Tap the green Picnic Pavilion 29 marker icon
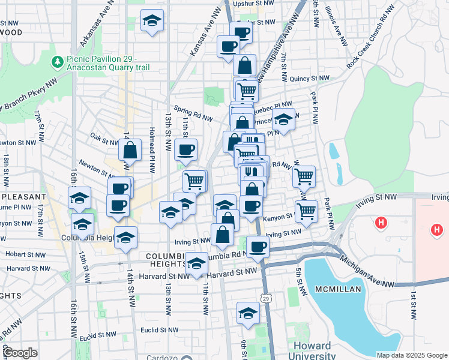(58, 61)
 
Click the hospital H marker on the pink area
(437, 229)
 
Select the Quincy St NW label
(309, 79)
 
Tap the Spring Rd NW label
(191, 112)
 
